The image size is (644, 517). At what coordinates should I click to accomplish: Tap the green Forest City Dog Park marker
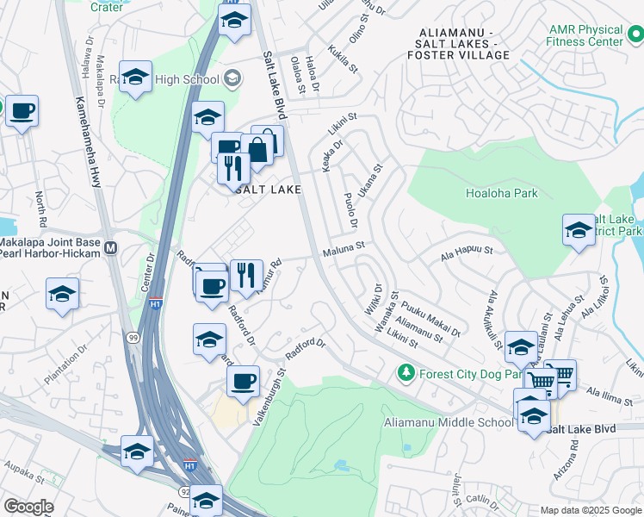pyautogui.click(x=406, y=374)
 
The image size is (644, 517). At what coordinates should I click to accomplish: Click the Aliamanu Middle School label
pyautogui.click(x=448, y=422)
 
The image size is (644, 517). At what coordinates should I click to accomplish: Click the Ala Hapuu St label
pyautogui.click(x=466, y=252)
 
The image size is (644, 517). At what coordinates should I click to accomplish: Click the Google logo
pyautogui.click(x=28, y=507)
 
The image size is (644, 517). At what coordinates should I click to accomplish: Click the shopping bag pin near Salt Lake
pyautogui.click(x=258, y=149)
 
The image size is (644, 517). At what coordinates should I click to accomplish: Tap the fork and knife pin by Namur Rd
pyautogui.click(x=246, y=275)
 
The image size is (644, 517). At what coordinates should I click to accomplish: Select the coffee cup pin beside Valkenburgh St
pyautogui.click(x=243, y=380)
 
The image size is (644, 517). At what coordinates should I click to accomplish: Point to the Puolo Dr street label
pyautogui.click(x=350, y=211)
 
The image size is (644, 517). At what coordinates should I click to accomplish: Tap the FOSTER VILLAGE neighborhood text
pyautogui.click(x=460, y=55)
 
